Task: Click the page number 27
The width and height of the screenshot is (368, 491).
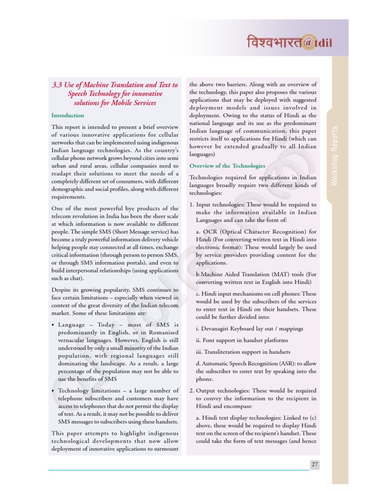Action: [314, 464]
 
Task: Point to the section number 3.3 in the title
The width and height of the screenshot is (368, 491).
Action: [57, 85]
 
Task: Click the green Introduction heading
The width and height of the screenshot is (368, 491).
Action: [68, 115]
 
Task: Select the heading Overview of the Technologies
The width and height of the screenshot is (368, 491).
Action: [227, 166]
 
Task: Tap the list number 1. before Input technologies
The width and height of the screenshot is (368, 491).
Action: [192, 204]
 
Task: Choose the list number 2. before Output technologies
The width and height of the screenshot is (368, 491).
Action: [192, 390]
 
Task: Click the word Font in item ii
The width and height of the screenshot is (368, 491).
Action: [208, 340]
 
